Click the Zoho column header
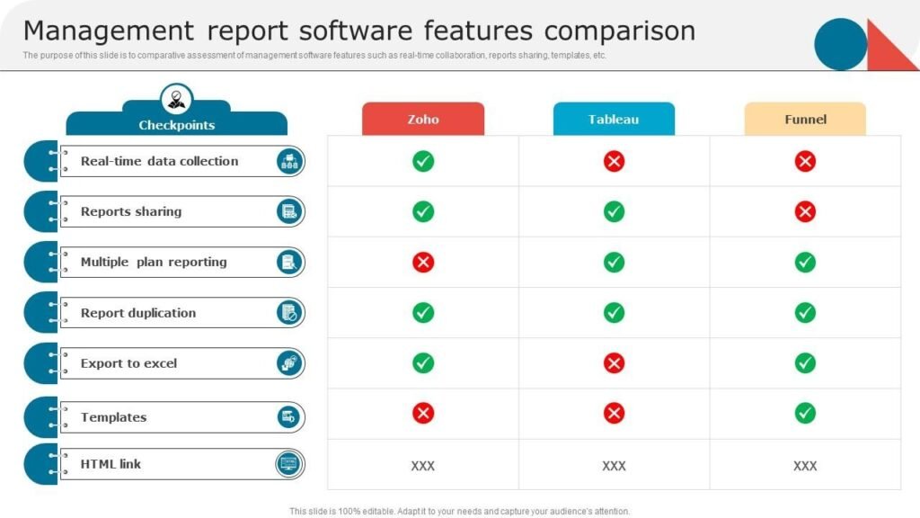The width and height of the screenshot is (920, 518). click(x=423, y=120)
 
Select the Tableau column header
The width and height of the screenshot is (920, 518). click(x=614, y=120)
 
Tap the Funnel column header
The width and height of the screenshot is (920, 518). click(x=805, y=120)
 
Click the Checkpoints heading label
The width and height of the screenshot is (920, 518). click(x=177, y=125)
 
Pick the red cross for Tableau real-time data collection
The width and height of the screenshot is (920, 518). click(x=614, y=161)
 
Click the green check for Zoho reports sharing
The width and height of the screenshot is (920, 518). click(x=423, y=211)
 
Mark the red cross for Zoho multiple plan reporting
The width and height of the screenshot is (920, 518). click(x=423, y=262)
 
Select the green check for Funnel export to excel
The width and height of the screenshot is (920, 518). click(x=805, y=363)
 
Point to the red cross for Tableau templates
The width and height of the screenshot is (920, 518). click(x=614, y=414)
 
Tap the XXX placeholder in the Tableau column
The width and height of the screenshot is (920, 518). click(x=614, y=466)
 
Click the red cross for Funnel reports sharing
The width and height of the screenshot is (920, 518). click(x=805, y=211)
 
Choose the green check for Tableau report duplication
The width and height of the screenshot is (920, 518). click(x=614, y=312)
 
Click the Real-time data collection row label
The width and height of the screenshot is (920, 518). click(x=160, y=161)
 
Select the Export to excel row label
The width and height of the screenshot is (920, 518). click(x=128, y=363)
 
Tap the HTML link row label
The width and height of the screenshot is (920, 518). click(x=111, y=464)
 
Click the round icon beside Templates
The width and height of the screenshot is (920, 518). click(x=288, y=417)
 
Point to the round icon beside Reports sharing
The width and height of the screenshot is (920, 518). click(x=289, y=211)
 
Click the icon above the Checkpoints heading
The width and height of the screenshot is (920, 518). click(x=177, y=99)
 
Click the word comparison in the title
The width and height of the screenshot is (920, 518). click(x=620, y=31)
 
